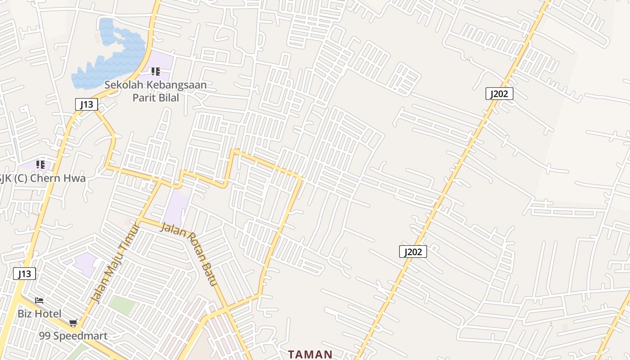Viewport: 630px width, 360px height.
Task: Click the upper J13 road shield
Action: coord(86,105)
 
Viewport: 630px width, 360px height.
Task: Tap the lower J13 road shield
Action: coord(24,273)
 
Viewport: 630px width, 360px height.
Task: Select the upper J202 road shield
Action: coord(499,94)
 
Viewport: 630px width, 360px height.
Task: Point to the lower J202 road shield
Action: coord(413,252)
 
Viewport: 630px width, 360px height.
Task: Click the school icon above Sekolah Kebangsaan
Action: coord(156,72)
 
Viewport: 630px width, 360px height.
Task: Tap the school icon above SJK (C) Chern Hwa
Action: coord(40,165)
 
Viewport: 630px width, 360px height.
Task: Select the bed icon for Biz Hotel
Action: coord(39,301)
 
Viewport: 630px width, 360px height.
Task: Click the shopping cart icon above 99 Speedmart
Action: coord(73,323)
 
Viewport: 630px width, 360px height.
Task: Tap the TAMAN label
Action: coord(310,354)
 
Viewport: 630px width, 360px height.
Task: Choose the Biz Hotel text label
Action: coord(40,314)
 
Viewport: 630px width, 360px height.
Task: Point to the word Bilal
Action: coord(168,98)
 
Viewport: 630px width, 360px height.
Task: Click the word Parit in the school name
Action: coord(143,98)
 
